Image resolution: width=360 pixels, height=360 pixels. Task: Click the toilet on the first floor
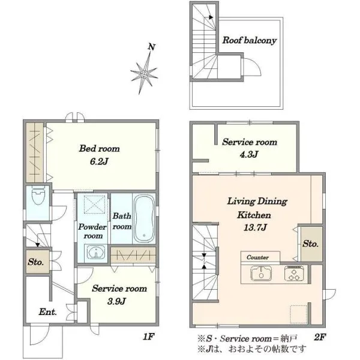click(x=38, y=196)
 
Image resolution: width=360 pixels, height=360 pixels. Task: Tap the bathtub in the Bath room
click(x=144, y=218)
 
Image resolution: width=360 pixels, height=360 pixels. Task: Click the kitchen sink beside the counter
click(x=261, y=273)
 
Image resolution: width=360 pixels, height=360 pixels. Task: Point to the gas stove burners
click(x=295, y=273)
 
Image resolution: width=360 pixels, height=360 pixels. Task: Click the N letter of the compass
click(x=151, y=47)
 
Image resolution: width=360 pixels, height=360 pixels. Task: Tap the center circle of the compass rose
click(x=144, y=74)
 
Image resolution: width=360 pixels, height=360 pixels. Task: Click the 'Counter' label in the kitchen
click(x=257, y=257)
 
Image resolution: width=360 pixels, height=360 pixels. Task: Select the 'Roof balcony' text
click(x=250, y=40)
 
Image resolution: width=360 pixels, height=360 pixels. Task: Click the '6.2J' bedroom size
click(x=99, y=161)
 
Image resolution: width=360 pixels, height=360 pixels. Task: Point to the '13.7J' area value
click(x=255, y=227)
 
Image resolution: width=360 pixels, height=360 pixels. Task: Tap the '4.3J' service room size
click(x=249, y=154)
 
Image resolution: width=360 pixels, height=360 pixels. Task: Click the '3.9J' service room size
click(x=116, y=301)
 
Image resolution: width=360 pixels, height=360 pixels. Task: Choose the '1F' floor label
click(x=149, y=337)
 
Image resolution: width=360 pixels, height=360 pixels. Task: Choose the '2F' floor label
click(x=320, y=337)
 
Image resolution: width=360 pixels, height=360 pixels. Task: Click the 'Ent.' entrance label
click(x=47, y=312)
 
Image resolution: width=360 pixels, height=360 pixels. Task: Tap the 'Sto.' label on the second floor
click(x=310, y=244)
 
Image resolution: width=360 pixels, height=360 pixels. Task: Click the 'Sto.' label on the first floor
click(x=35, y=262)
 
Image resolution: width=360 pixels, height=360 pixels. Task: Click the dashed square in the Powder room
click(x=94, y=204)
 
